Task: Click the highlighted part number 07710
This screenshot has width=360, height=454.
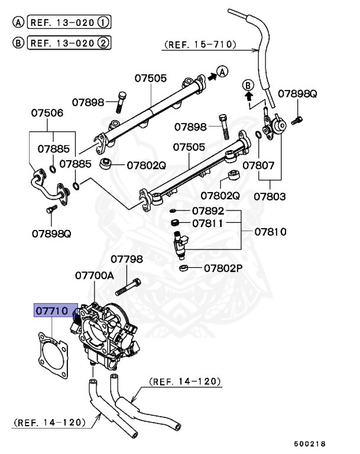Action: (x=52, y=310)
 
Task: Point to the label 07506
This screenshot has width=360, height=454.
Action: (x=47, y=112)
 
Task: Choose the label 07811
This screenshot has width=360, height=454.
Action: (x=207, y=223)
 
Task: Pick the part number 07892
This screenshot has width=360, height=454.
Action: (x=207, y=210)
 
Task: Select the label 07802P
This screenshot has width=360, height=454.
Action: (x=223, y=268)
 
